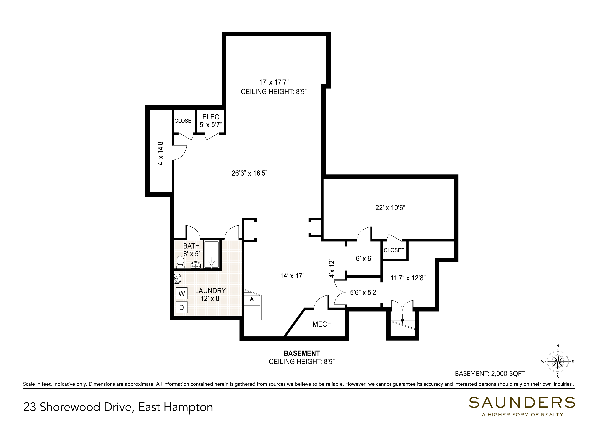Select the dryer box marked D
point(182,307)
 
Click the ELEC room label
point(211,117)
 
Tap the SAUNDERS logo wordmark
point(522,403)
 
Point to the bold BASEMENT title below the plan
point(302,353)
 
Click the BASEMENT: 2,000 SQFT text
point(490,373)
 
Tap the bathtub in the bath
point(212,255)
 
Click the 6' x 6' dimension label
point(364,258)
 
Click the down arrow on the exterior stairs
point(402,318)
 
